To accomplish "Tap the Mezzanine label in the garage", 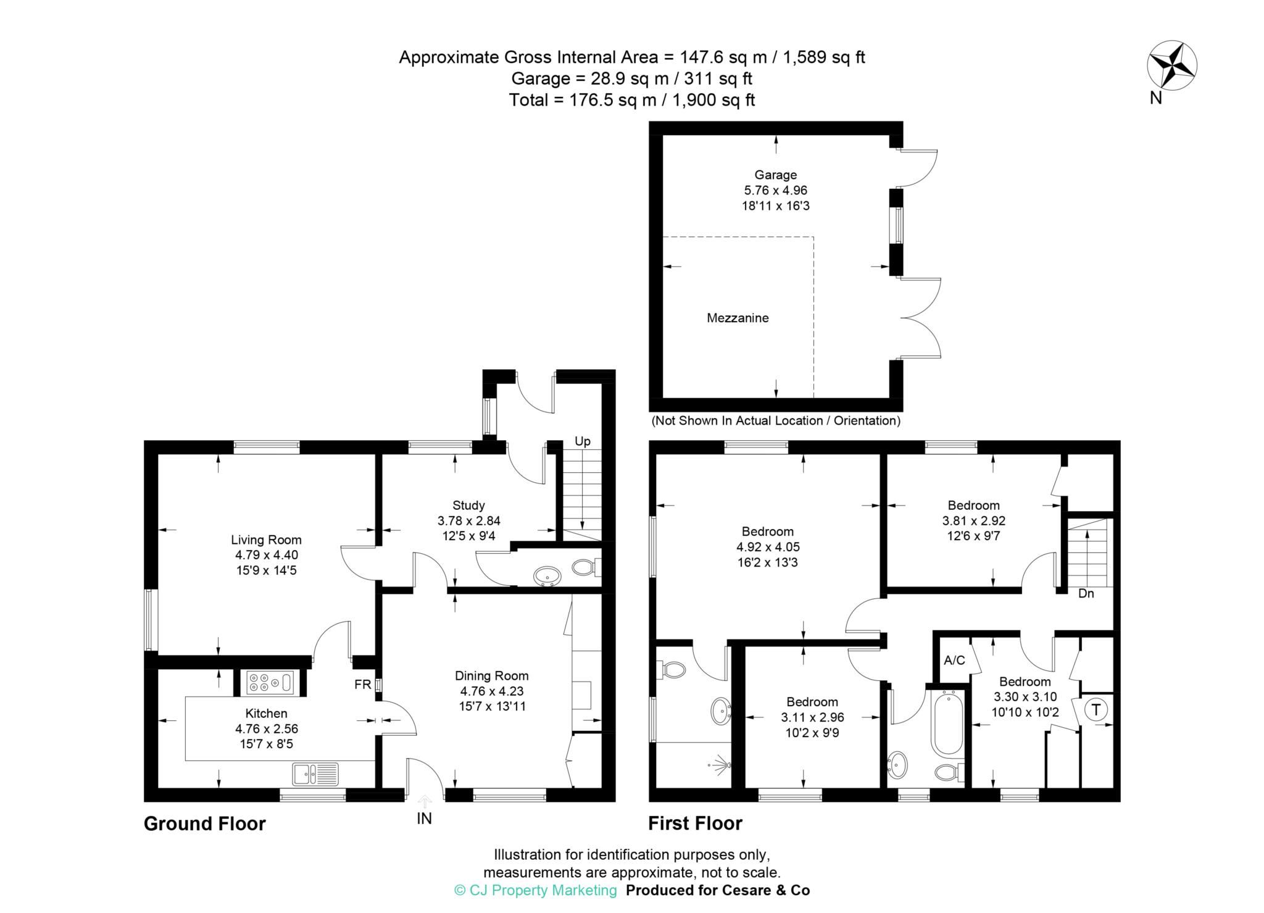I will [738, 318].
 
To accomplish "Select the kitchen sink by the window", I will [315, 773].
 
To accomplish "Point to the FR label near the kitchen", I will [362, 685].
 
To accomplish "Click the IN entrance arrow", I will [425, 803].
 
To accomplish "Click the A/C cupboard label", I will [954, 661].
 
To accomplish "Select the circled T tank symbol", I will [1096, 710].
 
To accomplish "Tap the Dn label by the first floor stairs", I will [1086, 594].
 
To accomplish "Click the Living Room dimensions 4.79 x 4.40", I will [266, 555].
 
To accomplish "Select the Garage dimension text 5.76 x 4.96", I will [776, 190].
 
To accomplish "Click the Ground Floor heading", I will [204, 823].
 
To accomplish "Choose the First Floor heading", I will [695, 823].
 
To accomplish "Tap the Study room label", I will [468, 505].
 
